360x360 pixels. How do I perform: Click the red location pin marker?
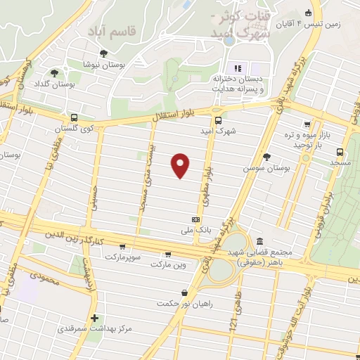click(x=181, y=165)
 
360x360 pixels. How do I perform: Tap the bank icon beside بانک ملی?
click(x=194, y=219)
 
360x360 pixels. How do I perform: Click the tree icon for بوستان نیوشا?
click(x=103, y=53)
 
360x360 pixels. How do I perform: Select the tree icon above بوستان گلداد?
click(x=53, y=73)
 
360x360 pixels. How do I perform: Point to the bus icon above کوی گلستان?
click(x=75, y=118)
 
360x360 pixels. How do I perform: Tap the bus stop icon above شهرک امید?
click(x=218, y=120)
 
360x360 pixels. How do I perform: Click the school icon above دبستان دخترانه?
click(x=237, y=68)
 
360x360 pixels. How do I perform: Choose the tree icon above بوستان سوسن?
click(x=265, y=157)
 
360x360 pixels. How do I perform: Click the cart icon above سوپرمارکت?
click(x=123, y=247)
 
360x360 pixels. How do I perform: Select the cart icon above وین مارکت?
click(x=167, y=254)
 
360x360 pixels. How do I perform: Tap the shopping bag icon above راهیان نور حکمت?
click(x=184, y=292)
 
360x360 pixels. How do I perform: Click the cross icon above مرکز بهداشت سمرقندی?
click(x=94, y=318)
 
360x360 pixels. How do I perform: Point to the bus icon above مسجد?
click(x=340, y=151)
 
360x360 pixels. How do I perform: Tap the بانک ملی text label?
click(x=193, y=230)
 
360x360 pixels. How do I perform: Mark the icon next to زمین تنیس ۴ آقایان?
click(x=308, y=12)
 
